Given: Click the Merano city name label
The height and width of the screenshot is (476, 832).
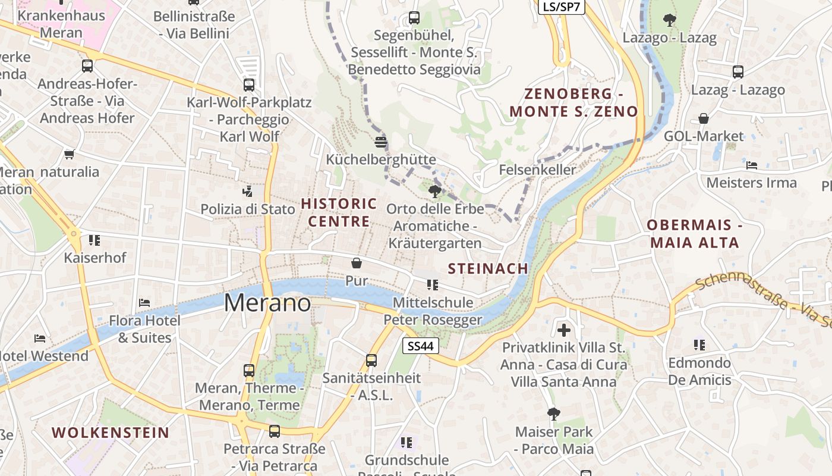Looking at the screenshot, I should [x=267, y=303].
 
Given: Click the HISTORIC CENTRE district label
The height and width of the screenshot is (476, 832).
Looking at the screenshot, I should [x=339, y=212].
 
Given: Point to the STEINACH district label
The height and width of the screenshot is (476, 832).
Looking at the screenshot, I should [x=488, y=268].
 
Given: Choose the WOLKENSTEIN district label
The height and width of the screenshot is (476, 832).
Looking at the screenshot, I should [x=111, y=433].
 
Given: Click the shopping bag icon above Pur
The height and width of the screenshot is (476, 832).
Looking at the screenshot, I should [x=357, y=262].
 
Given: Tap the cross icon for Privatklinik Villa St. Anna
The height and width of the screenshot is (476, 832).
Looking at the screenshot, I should [x=564, y=329].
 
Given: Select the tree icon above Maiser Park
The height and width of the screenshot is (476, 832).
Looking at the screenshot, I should [x=554, y=414].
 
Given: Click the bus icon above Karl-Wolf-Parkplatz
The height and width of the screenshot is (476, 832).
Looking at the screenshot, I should [x=249, y=85].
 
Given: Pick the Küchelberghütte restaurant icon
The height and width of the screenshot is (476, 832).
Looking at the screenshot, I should [x=381, y=142].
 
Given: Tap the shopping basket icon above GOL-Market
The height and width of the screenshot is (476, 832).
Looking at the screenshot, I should [x=704, y=118].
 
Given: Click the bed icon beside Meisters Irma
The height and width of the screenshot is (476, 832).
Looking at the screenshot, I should [x=752, y=165].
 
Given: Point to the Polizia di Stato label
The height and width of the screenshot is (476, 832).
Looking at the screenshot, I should [x=248, y=209].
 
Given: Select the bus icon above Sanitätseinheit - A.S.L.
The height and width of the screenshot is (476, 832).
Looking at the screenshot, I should [x=371, y=360].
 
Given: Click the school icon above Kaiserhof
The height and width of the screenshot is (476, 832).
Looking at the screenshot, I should [x=94, y=240].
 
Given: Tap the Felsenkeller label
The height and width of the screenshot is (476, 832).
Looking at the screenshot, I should [x=537, y=170].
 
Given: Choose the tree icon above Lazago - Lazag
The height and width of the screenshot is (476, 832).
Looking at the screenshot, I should [x=670, y=20].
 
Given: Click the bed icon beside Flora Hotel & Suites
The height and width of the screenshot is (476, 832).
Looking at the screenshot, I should [x=144, y=302].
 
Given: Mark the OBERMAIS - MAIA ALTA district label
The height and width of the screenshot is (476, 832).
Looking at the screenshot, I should [x=695, y=234].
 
